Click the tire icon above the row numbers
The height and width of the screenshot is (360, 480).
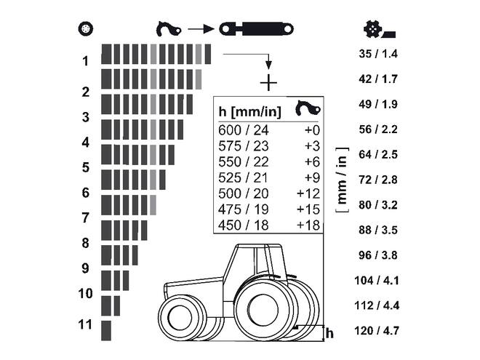point(86,30)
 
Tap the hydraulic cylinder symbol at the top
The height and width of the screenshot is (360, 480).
point(257,29)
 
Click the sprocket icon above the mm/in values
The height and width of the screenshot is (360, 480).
point(377,30)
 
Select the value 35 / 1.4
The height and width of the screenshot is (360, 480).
point(378,54)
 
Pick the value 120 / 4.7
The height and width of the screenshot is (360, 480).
point(378,331)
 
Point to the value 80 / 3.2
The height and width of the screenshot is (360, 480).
point(378,205)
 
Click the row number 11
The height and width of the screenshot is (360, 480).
point(86,324)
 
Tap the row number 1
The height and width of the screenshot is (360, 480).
point(86,61)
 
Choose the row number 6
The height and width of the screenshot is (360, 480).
point(86,193)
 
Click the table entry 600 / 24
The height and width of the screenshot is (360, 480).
point(244,130)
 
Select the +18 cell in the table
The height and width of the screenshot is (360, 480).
point(308,225)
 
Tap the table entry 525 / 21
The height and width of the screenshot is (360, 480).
point(244,177)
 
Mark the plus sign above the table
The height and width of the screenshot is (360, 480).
point(268,82)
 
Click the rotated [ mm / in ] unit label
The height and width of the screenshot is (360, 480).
point(342,180)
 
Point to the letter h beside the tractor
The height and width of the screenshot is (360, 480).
point(329,333)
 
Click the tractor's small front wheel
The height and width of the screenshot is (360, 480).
point(176,319)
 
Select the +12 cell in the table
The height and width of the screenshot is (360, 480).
point(308,193)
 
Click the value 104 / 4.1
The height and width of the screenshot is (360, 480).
point(378,281)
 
